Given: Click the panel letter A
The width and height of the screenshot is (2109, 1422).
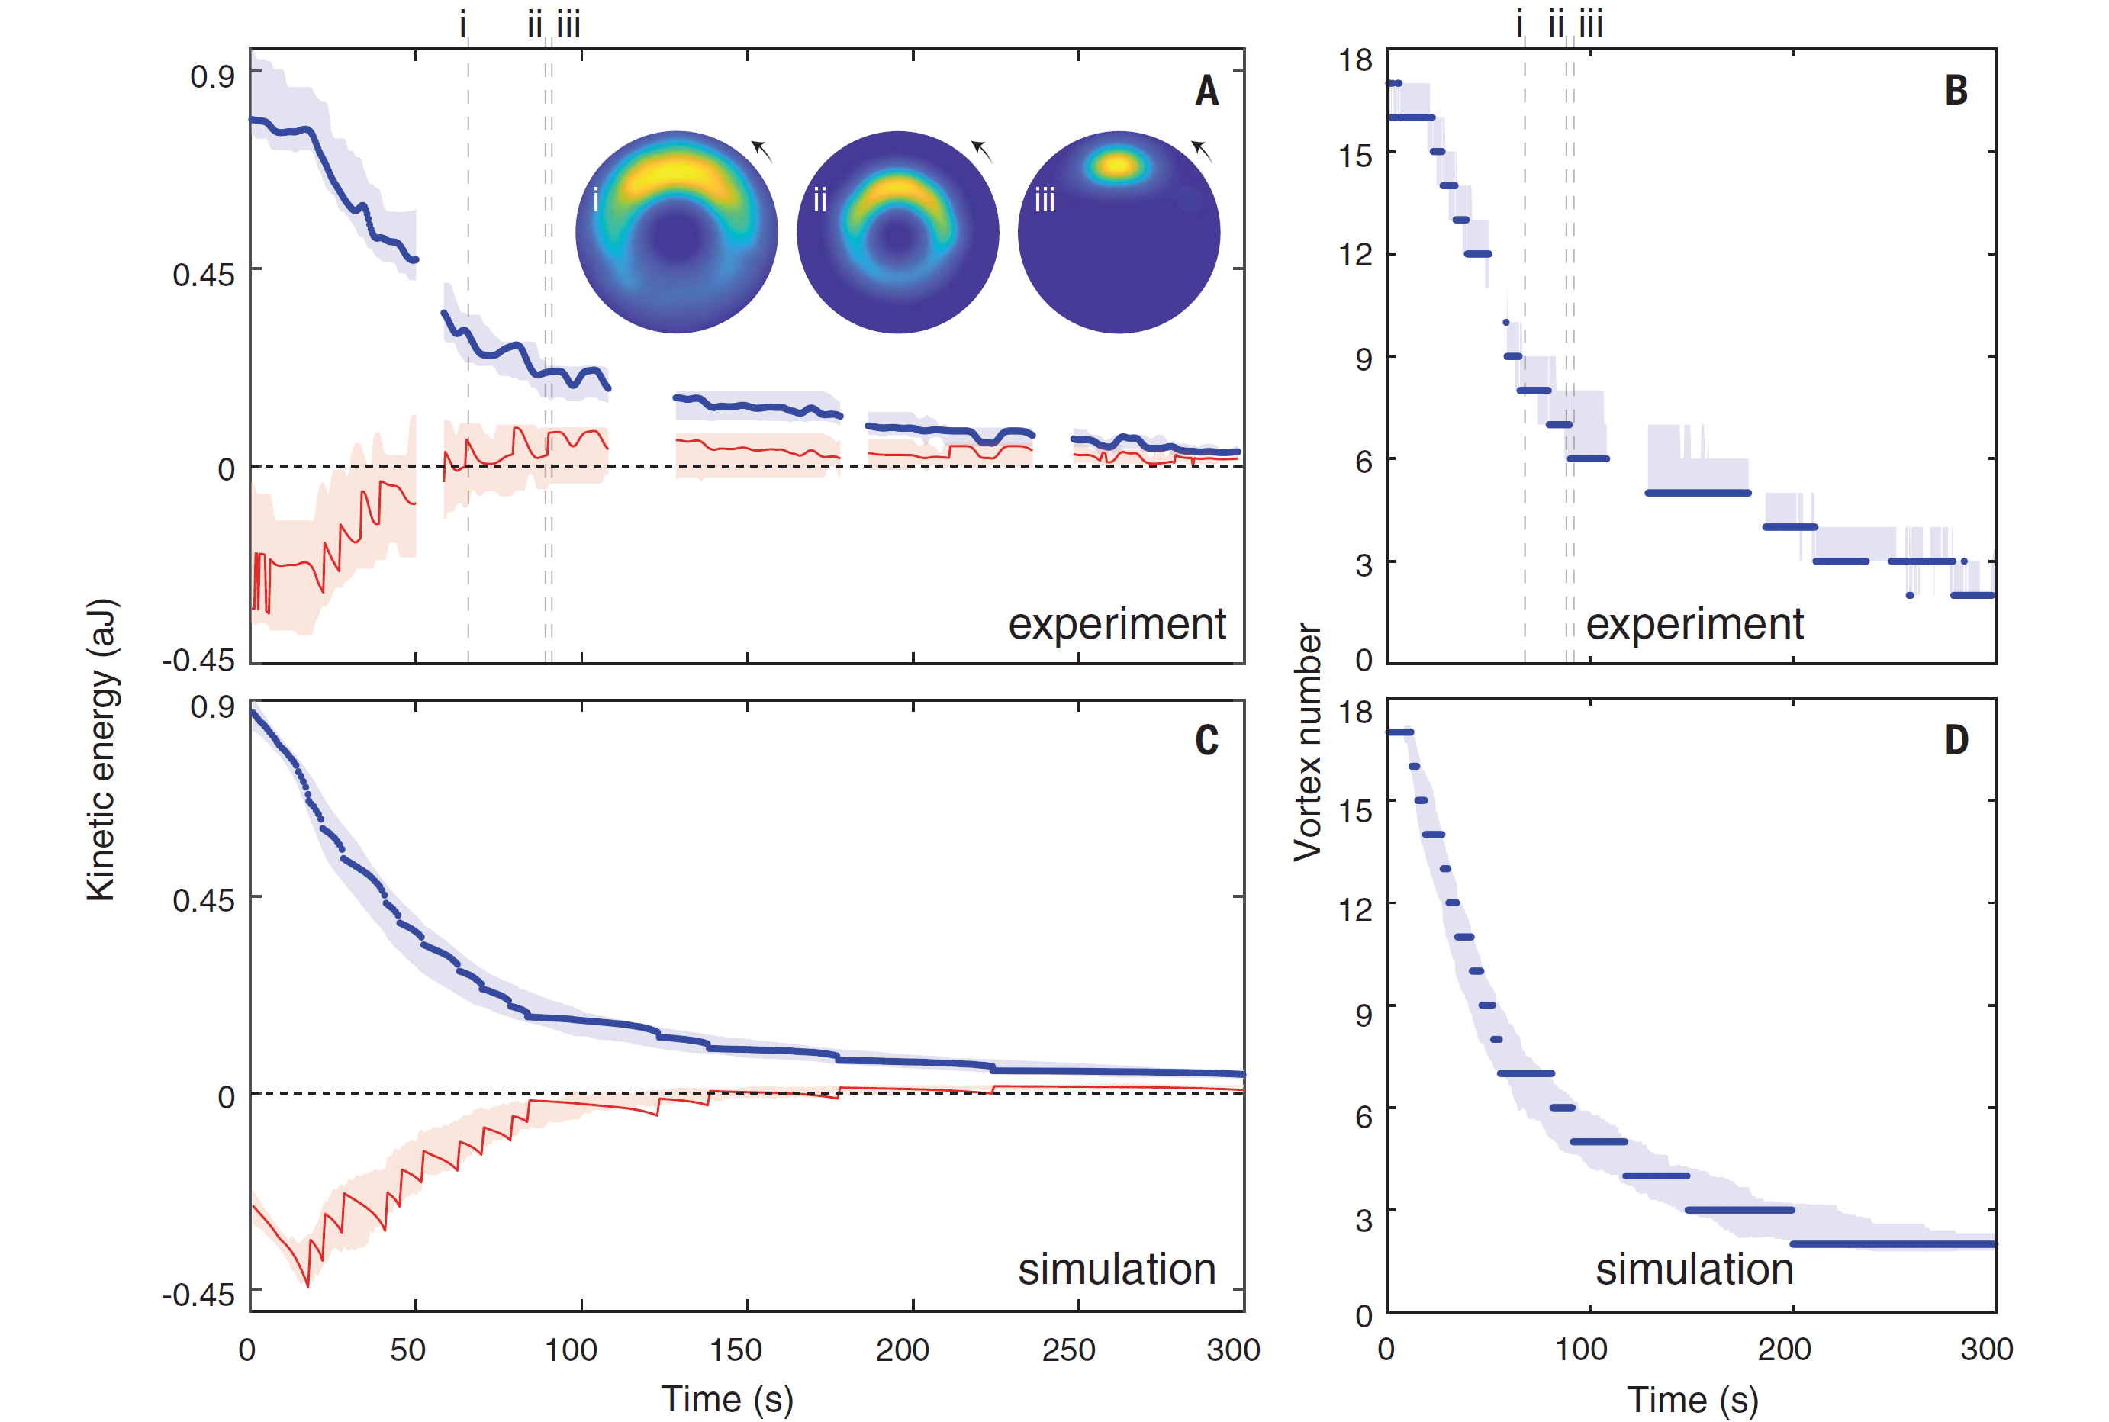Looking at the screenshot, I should pyautogui.click(x=1206, y=91).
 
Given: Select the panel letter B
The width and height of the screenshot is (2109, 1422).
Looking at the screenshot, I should pyautogui.click(x=1956, y=91).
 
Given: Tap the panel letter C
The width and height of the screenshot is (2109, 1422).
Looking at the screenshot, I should pyautogui.click(x=1206, y=740).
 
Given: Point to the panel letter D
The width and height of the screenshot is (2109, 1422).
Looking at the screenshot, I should pyautogui.click(x=1956, y=740).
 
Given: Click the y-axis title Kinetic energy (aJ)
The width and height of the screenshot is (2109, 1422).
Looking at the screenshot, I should pyautogui.click(x=101, y=749).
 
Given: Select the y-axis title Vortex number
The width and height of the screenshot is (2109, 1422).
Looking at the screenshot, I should pyautogui.click(x=1307, y=741).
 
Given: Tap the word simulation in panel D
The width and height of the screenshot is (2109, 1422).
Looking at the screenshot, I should pyautogui.click(x=1694, y=1269).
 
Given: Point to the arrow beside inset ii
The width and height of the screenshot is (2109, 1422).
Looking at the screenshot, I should pyautogui.click(x=981, y=150).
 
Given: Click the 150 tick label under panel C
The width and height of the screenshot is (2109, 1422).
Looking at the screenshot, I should pyautogui.click(x=736, y=1350).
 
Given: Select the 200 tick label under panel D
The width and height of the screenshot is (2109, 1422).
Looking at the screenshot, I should pyautogui.click(x=1783, y=1350).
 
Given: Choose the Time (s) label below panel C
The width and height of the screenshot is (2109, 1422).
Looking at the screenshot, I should pyautogui.click(x=726, y=1398).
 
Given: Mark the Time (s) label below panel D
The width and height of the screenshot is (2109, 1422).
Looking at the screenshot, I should pyautogui.click(x=1692, y=1398).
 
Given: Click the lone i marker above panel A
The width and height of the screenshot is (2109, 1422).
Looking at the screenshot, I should pyautogui.click(x=462, y=24).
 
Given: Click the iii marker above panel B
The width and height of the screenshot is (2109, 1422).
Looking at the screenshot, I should pyautogui.click(x=1591, y=24).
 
